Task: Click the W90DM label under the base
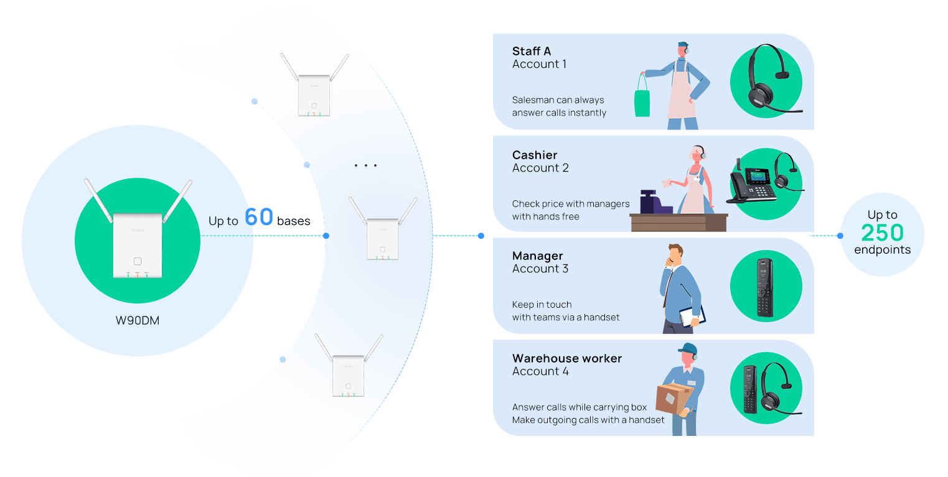click(x=138, y=320)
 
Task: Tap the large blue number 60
click(x=258, y=217)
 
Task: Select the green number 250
click(x=882, y=233)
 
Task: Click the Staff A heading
click(x=532, y=51)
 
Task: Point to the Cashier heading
click(x=535, y=155)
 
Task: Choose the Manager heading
click(x=537, y=256)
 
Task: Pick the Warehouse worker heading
click(x=567, y=359)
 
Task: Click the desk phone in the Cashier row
click(x=752, y=186)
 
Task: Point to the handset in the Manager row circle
click(x=765, y=287)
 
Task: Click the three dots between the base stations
click(x=365, y=165)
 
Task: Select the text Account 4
click(x=540, y=371)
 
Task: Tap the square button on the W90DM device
click(x=138, y=261)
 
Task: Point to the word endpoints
click(x=883, y=250)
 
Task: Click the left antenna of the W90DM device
click(x=98, y=200)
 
